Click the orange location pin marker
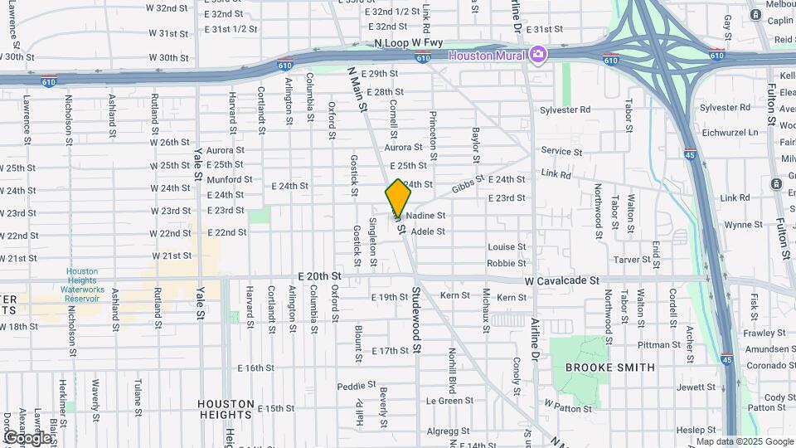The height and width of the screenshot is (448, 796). click(399, 197)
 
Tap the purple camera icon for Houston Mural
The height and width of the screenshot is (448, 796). click(539, 55)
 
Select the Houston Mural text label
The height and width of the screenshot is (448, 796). click(487, 56)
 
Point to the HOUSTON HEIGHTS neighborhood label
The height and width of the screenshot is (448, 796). click(226, 410)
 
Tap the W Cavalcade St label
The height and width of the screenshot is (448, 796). click(561, 281)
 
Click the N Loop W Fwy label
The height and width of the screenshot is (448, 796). click(409, 42)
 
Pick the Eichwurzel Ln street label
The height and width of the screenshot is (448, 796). click(729, 132)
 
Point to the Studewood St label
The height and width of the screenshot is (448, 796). click(416, 321)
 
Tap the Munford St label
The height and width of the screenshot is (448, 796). click(224, 179)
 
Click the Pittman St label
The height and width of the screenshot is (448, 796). click(659, 345)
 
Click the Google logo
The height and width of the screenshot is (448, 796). click(27, 437)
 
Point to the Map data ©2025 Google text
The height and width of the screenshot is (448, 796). click(744, 441)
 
